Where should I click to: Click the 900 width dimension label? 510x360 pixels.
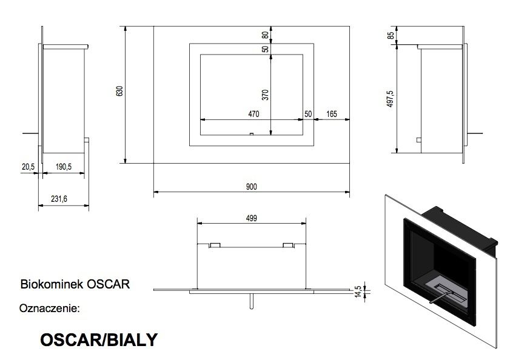coord(252,187)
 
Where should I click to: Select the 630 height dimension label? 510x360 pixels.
coord(119,91)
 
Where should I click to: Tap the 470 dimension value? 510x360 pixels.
coord(253,114)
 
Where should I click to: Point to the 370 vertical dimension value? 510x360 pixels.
coord(266,95)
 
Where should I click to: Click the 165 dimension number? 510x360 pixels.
coord(332,114)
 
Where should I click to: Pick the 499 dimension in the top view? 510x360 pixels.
coord(252,218)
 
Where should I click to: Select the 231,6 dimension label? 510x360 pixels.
coord(59,199)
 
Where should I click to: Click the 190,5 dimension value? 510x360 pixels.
coord(64,167)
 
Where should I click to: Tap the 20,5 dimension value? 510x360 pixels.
coord(28,167)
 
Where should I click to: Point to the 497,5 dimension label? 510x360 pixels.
coord(391,99)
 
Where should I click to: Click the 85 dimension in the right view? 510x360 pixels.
coord(391,35)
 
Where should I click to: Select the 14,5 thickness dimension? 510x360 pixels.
coord(358,292)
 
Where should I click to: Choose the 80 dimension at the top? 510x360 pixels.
coord(265,35)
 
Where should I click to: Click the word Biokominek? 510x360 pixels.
coord(52,284)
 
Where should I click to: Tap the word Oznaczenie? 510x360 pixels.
coord(50,308)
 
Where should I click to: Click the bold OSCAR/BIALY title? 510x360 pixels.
coord(99,339)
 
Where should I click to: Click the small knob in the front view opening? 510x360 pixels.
coord(251,134)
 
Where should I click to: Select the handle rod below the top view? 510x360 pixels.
coord(251,301)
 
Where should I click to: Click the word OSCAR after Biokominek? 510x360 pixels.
coord(109,284)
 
